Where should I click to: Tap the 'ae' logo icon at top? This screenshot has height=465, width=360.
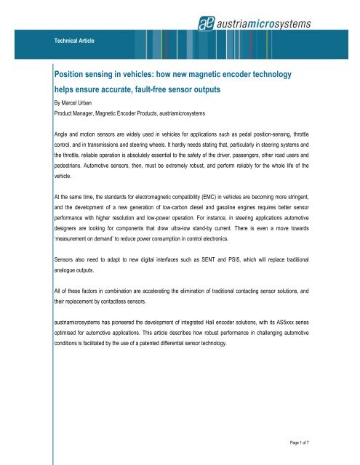pos(205,24)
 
